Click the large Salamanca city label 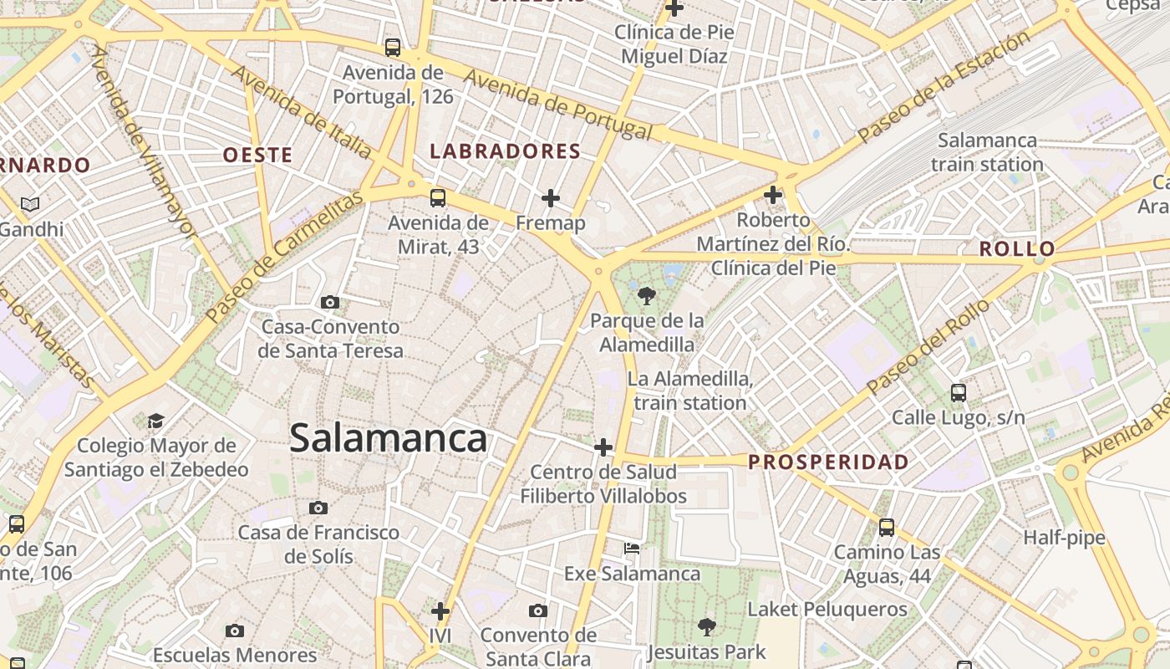[388, 439]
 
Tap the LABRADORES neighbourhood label [505, 151]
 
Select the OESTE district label [257, 155]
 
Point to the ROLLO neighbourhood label [1017, 249]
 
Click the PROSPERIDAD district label [828, 462]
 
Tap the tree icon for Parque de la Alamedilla [646, 295]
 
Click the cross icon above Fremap [550, 198]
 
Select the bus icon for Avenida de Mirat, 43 [438, 198]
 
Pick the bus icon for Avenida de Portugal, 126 [393, 48]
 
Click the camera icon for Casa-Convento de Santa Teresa [330, 302]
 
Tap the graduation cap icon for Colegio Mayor [156, 421]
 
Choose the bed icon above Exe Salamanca [632, 549]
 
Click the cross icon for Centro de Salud [603, 447]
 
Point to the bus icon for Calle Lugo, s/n [959, 392]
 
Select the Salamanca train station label [987, 152]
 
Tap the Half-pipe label [1064, 538]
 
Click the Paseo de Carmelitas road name [285, 257]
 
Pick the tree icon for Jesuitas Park [706, 626]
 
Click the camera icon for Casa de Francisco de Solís [318, 508]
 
